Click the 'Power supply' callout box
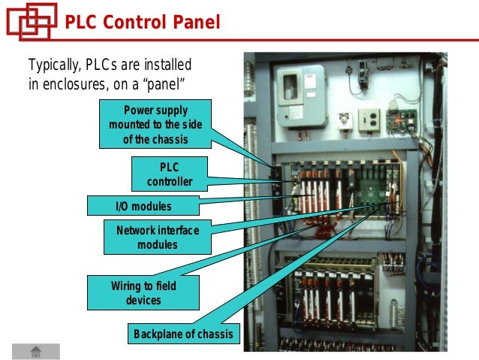pos(159,124)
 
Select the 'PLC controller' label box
pos(170,174)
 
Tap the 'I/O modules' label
pos(143,206)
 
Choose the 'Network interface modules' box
pos(158,237)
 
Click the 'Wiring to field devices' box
pos(143,292)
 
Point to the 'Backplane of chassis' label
pos(183,334)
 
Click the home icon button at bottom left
pos(35,351)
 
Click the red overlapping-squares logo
pos(30,21)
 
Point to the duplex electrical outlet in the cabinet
pos(369,119)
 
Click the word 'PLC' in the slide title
pos(80,23)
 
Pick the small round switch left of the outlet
pos(345,119)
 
